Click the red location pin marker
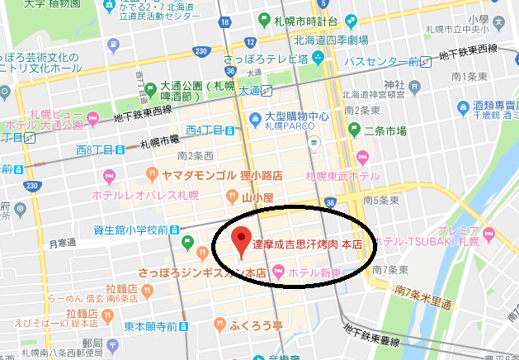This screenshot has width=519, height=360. click(240, 239)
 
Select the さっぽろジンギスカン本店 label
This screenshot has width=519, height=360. click(201, 271)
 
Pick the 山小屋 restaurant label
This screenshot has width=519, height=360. click(257, 197)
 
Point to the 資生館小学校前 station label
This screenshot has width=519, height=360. click(135, 230)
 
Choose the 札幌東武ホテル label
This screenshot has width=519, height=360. click(337, 176)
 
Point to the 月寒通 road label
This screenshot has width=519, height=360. click(62, 244)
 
